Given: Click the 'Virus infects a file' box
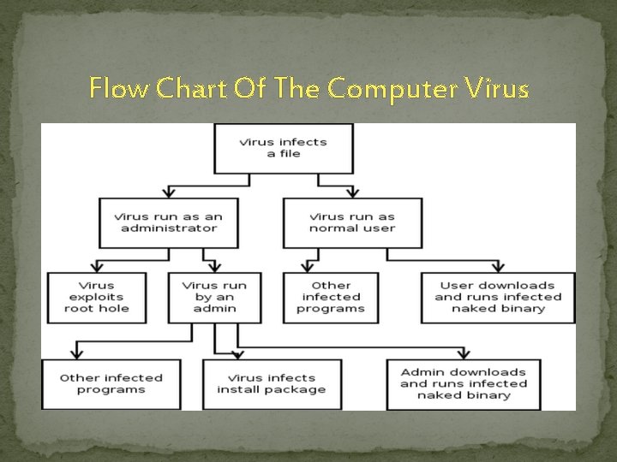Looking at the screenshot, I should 284,148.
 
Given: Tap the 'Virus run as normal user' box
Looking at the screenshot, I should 352,222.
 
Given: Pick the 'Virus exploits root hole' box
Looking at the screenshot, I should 97,297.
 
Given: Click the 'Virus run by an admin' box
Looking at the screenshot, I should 214,297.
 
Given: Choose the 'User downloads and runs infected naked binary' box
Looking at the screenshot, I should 498,297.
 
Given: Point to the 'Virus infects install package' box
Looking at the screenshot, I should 271,383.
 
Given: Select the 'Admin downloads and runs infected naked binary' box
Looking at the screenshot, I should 463,383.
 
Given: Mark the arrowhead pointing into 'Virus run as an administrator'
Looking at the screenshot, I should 169,192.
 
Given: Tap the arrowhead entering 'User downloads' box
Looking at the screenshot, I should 498,266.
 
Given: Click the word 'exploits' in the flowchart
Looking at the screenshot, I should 96,297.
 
